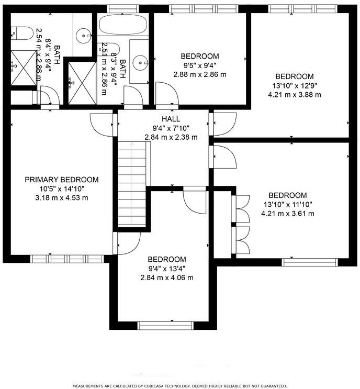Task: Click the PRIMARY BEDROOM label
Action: pyautogui.click(x=62, y=180)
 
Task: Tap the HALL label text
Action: pyautogui.click(x=171, y=119)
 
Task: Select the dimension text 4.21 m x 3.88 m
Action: pyautogui.click(x=295, y=95)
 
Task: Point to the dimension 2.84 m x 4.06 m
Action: pyautogui.click(x=167, y=277)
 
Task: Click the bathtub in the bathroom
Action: pyautogui.click(x=123, y=24)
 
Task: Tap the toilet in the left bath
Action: pyautogui.click(x=22, y=33)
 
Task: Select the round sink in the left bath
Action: pyautogui.click(x=84, y=36)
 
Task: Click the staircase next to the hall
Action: pyautogui.click(x=132, y=184)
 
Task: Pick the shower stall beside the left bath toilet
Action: pyautogui.click(x=24, y=68)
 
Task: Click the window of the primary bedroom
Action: pyautogui.click(x=67, y=259)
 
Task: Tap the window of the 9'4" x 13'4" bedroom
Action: pyautogui.click(x=166, y=326)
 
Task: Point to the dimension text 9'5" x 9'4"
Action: pyautogui.click(x=200, y=65)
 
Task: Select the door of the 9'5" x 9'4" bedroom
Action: pyautogui.click(x=167, y=93)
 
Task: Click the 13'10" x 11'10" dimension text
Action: pyautogui.click(x=288, y=205)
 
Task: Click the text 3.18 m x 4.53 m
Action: pyautogui.click(x=62, y=198)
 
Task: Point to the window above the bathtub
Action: pyautogui.click(x=123, y=9)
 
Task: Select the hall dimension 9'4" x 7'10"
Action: pyautogui.click(x=171, y=128)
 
